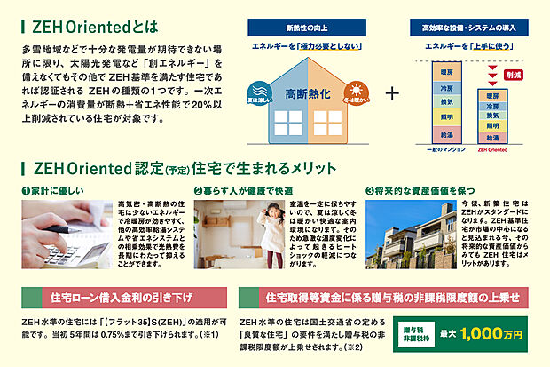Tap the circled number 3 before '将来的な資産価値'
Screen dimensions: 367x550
369,190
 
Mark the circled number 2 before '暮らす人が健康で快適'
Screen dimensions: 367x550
197,190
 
